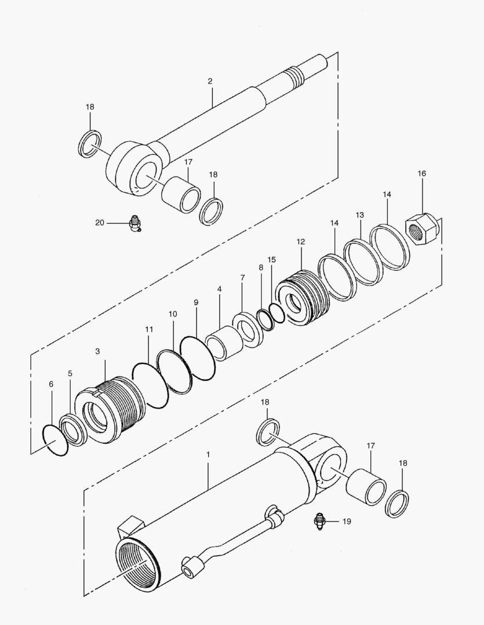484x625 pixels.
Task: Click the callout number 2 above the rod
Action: pos(210,82)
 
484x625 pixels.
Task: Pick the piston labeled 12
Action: pos(301,297)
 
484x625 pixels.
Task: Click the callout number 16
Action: pos(421,174)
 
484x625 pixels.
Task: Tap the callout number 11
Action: pos(149,329)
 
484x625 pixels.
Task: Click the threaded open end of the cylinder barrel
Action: pos(137,562)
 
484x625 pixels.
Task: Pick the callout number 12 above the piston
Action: pos(300,241)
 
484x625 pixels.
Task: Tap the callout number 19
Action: pos(346,521)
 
